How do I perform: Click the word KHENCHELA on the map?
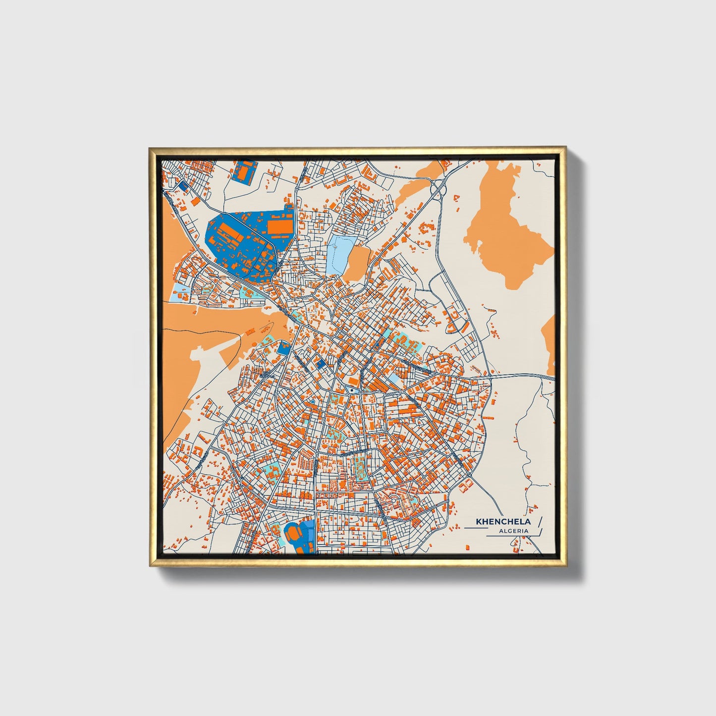503,521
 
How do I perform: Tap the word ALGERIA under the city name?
514,531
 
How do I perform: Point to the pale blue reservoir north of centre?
340,255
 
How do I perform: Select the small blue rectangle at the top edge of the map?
242,171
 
